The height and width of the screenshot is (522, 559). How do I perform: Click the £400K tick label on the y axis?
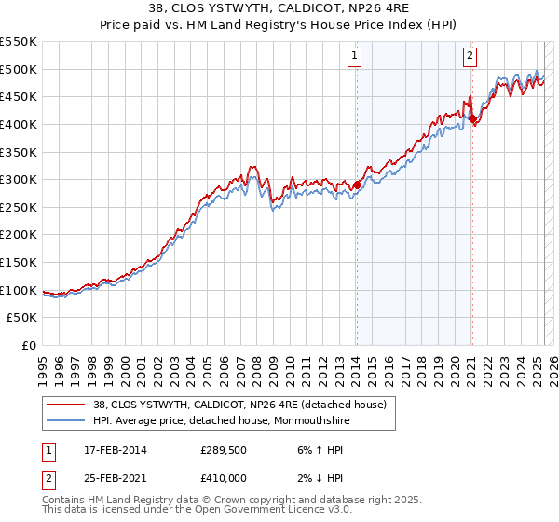(19, 124)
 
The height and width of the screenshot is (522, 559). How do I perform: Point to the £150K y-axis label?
(19, 262)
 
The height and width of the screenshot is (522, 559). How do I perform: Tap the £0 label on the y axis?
(28, 346)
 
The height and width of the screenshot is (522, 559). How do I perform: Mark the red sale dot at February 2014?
(356, 185)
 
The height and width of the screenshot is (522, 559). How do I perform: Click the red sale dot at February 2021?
(472, 118)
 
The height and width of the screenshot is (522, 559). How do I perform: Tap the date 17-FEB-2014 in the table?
(115, 449)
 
